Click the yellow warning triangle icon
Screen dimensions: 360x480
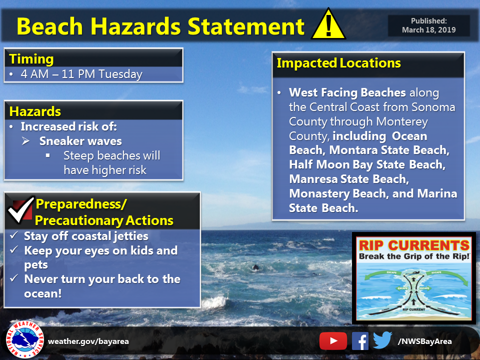coord(328,25)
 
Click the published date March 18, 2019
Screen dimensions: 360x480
coord(428,30)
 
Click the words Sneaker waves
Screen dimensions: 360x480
coord(80,140)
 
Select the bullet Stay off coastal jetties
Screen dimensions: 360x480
coord(86,236)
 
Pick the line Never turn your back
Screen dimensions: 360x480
coord(102,279)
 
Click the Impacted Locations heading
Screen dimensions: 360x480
coord(338,63)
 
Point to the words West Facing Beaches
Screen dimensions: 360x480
coord(348,93)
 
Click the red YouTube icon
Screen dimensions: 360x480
coord(333,341)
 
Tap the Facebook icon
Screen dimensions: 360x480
coord(360,341)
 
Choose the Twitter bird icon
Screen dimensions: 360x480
coord(382,341)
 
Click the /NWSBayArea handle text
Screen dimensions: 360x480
coord(424,341)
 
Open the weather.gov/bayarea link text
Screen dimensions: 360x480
coord(88,341)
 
